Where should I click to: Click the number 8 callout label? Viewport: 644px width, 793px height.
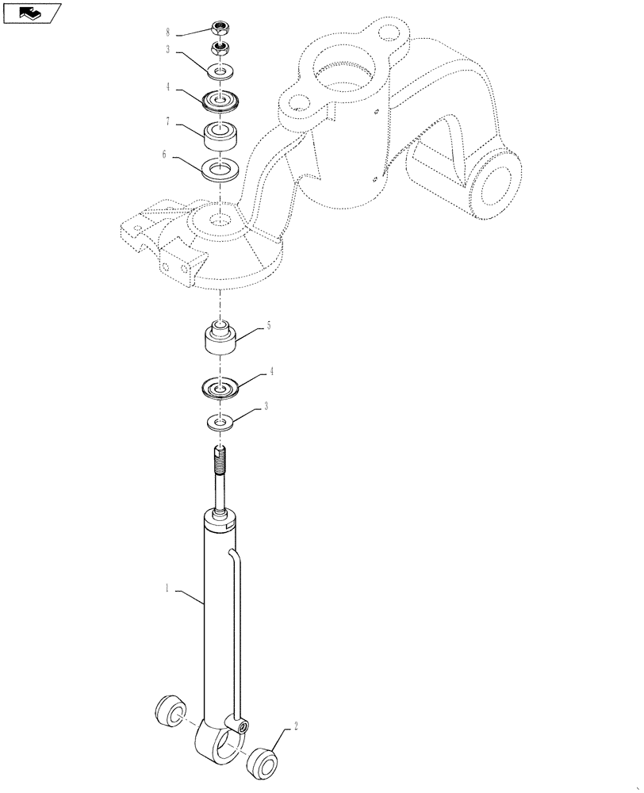coord(168,34)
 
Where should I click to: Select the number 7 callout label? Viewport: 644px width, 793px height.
coord(168,124)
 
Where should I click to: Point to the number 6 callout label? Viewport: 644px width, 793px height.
coord(164,155)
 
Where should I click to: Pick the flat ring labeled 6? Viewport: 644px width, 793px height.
coord(222,170)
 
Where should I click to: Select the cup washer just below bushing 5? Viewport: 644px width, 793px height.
coord(222,389)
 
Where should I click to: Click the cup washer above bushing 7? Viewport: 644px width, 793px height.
coord(222,100)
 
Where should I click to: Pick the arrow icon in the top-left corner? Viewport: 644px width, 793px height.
coord(30,12)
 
